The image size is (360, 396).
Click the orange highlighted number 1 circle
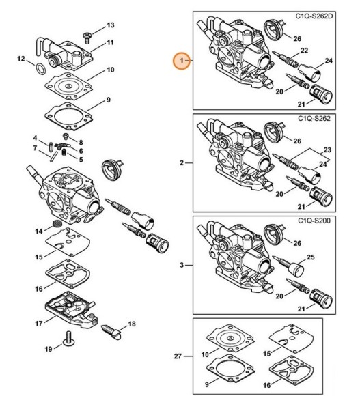[182, 61]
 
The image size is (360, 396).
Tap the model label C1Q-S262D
[314, 16]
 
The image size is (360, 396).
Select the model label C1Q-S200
[314, 221]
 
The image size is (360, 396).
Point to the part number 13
[111, 25]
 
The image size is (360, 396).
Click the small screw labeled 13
[87, 38]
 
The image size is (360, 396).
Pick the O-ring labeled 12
[40, 69]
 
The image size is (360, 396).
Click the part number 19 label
[49, 349]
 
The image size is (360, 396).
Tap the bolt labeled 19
[68, 338]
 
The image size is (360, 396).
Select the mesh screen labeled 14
[56, 224]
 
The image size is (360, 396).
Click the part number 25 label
[311, 257]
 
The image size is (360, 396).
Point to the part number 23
[327, 150]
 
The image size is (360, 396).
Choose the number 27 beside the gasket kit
[178, 356]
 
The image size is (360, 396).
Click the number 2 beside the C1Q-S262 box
[182, 163]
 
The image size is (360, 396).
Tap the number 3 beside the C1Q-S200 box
[182, 265]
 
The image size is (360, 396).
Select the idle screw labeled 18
[111, 332]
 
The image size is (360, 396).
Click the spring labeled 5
[64, 152]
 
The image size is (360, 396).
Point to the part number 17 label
[39, 323]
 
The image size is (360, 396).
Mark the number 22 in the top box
[304, 51]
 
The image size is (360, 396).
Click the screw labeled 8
[66, 136]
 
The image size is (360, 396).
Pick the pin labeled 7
[53, 158]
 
